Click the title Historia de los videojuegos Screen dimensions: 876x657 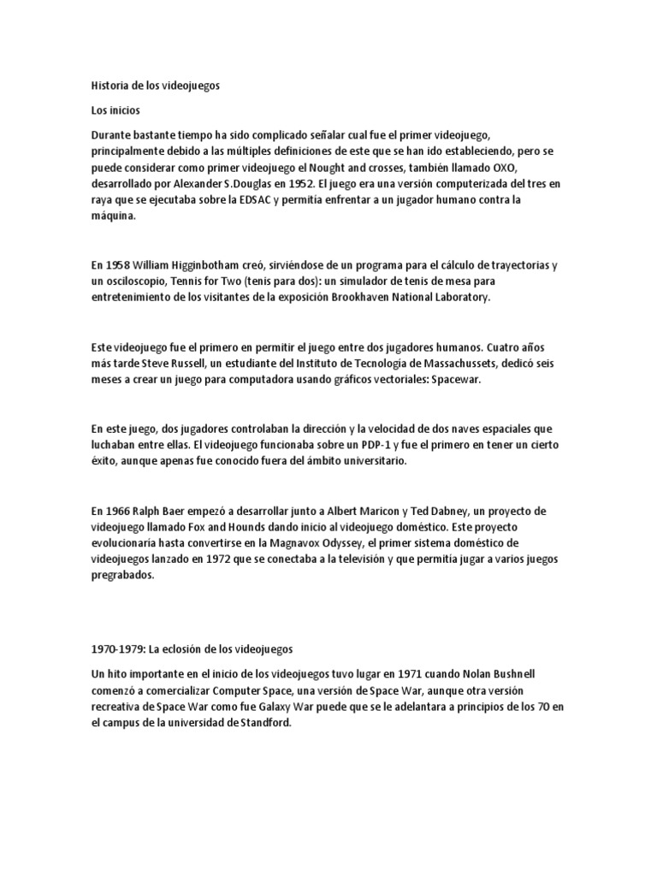156,86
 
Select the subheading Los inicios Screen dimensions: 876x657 115,110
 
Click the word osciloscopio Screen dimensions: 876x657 142,281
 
